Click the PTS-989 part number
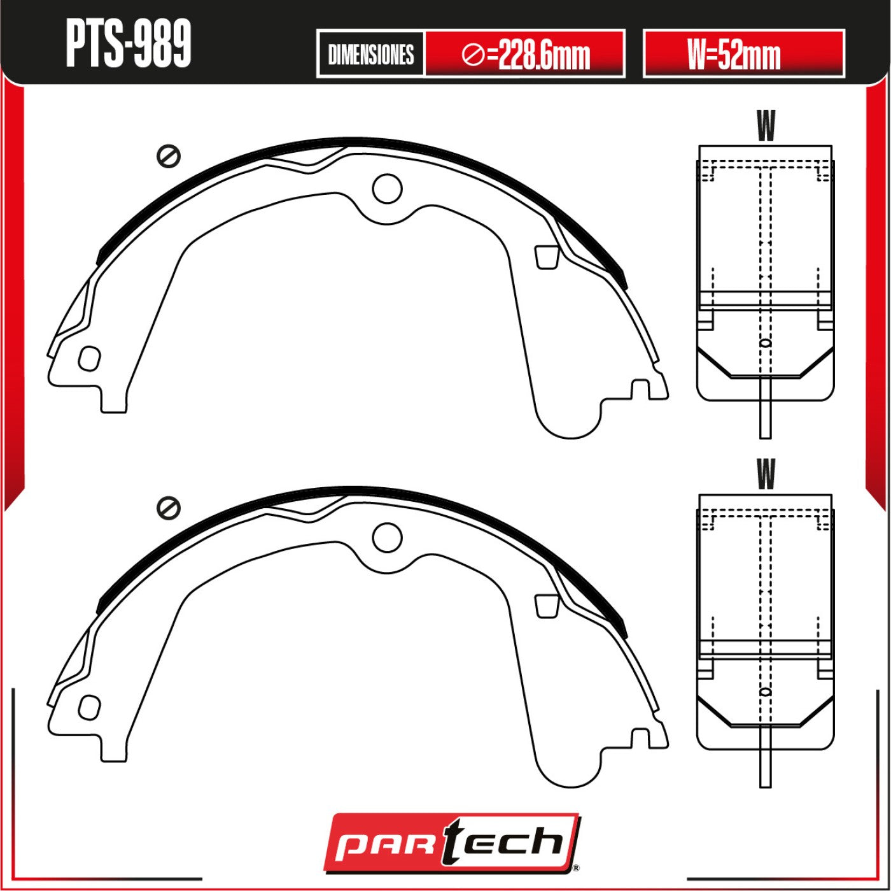(x=129, y=44)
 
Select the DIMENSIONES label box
(x=371, y=55)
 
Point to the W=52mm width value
(x=734, y=55)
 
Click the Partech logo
(x=452, y=844)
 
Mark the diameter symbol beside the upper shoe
(x=168, y=157)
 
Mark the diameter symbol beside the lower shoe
(x=168, y=508)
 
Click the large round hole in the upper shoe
(x=387, y=189)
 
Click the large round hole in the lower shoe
(x=387, y=537)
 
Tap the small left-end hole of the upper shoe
(x=89, y=359)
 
